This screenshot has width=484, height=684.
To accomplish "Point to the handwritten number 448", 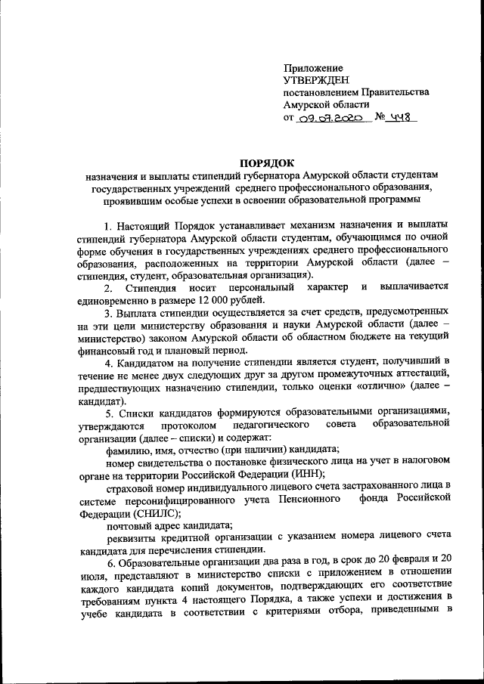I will (x=399, y=118).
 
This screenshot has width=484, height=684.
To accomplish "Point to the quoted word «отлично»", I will (x=396, y=387).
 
